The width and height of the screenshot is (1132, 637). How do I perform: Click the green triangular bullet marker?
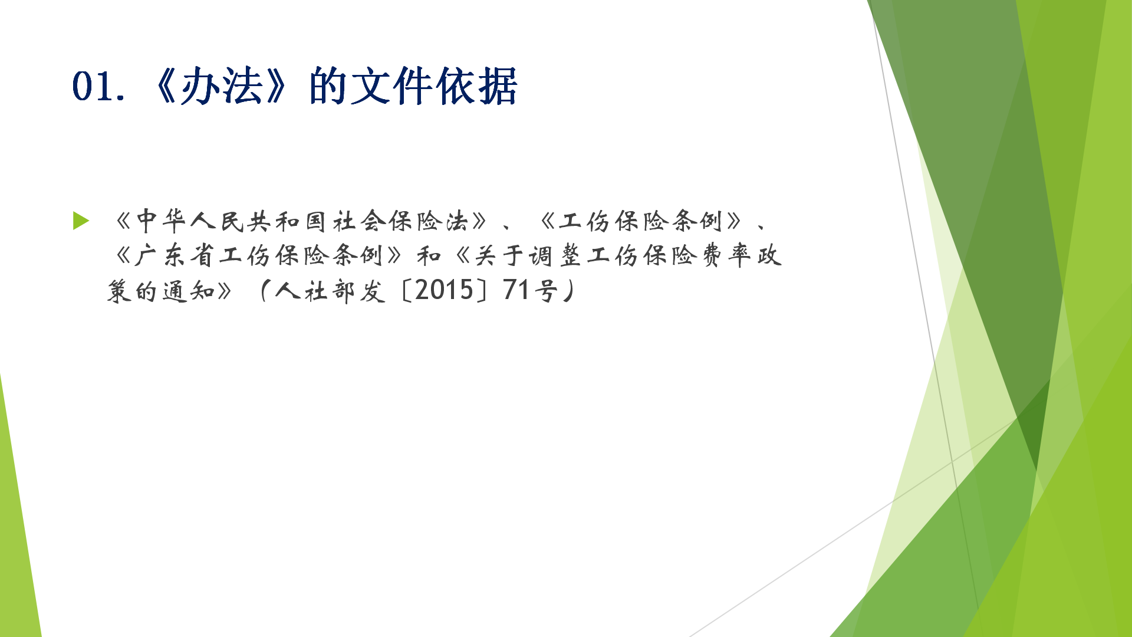(x=81, y=221)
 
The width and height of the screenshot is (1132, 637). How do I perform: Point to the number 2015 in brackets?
(x=444, y=291)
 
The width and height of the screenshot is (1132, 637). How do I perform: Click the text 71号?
(x=530, y=291)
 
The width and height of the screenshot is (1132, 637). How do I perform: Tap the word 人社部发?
(x=330, y=291)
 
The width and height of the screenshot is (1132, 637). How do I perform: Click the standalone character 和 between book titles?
(x=429, y=256)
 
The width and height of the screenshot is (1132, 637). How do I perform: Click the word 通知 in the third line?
(x=189, y=291)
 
